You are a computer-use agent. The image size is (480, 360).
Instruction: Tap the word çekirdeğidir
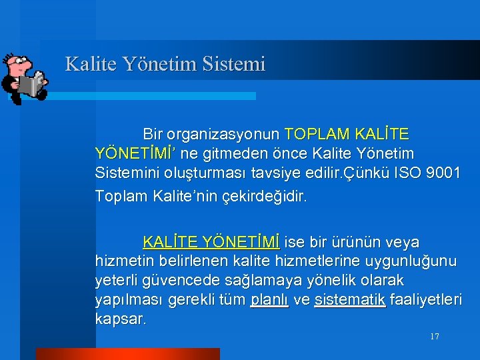point(269,197)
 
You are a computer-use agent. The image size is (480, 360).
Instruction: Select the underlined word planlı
point(269,300)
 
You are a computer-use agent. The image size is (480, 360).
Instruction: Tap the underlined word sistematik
point(349,300)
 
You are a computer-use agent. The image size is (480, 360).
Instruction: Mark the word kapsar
point(120,319)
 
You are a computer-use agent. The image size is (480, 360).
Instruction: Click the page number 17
point(435,337)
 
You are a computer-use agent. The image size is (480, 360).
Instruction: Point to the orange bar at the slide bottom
point(127,353)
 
